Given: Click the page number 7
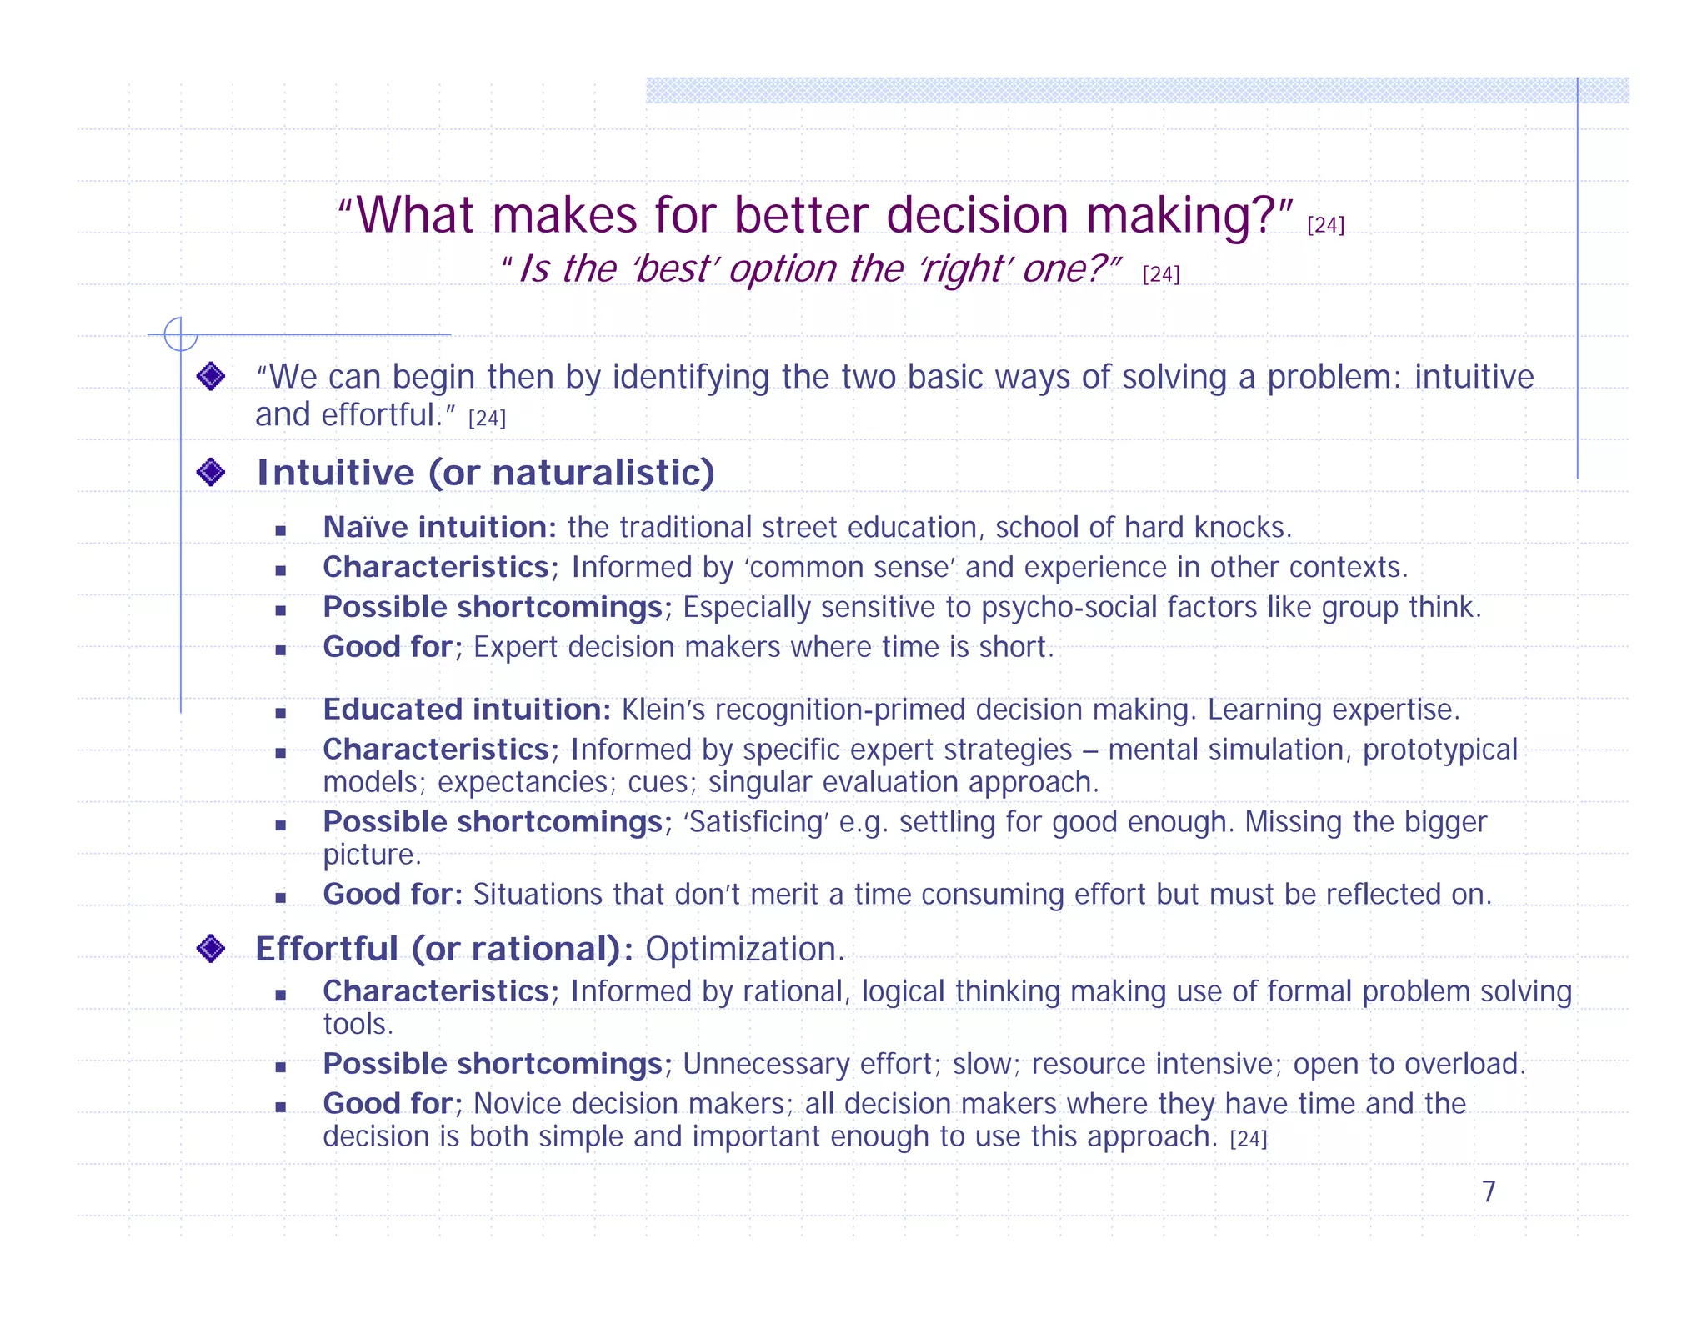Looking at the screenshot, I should (1489, 1191).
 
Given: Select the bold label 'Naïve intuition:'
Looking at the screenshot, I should (439, 528).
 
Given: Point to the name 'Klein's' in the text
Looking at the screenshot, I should (663, 710).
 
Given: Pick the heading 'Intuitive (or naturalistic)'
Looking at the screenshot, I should (485, 473).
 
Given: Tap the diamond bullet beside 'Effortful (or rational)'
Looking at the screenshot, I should (211, 949).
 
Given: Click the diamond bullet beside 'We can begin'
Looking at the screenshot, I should (211, 377).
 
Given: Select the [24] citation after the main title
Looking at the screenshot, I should (1325, 225).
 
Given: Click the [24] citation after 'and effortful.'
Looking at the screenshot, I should (487, 419).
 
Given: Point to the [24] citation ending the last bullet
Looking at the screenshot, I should (1248, 1140).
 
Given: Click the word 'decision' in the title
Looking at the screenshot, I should (977, 215).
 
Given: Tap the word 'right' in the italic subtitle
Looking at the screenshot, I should (967, 269).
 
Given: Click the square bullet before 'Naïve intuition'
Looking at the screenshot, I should (281, 530).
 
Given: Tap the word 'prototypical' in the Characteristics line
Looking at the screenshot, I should (1439, 750).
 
